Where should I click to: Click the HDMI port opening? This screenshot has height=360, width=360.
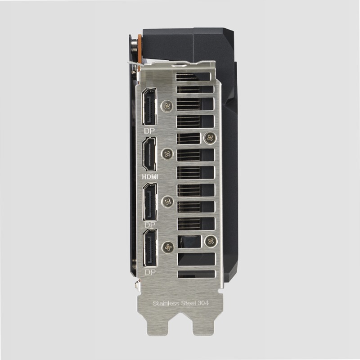point(149,154)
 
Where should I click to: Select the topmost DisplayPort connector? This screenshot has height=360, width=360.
point(149,107)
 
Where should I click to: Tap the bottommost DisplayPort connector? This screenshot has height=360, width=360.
point(150,248)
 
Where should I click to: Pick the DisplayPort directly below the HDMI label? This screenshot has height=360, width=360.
point(150,202)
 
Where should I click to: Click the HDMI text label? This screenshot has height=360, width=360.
point(150,177)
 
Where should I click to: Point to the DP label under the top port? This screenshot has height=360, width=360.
point(149,131)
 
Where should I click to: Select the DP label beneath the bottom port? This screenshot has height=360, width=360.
point(150,273)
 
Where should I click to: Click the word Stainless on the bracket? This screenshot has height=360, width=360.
point(166,303)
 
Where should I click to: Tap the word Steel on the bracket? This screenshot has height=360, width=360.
point(189,303)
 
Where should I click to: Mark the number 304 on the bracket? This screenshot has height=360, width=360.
point(203,303)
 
